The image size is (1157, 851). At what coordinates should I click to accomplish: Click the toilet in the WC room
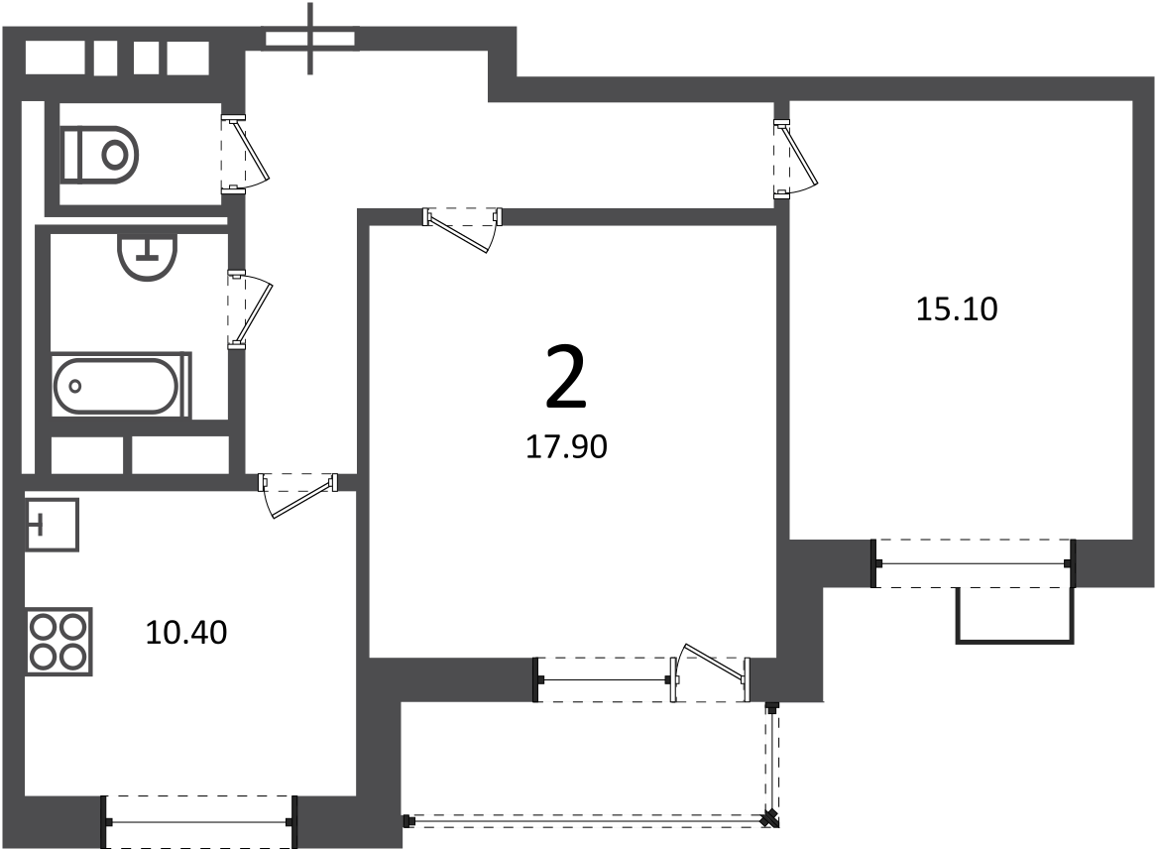tap(99, 155)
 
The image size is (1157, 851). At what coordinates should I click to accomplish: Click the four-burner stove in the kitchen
tap(59, 641)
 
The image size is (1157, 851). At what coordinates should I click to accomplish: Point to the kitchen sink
tap(52, 525)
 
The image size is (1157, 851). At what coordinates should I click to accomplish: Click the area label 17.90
tap(566, 447)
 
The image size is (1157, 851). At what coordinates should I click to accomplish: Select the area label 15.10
tap(957, 308)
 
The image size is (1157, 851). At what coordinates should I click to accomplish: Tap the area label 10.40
tap(186, 633)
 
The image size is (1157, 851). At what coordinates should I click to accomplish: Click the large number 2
tap(566, 377)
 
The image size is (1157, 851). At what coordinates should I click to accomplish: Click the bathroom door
tap(250, 309)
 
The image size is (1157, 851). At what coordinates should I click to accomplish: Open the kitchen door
tap(298, 495)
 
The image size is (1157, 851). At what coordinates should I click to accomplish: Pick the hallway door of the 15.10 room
tap(795, 160)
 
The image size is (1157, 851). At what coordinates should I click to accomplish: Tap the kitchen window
tap(198, 822)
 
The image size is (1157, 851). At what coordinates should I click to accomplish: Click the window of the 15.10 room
tap(974, 564)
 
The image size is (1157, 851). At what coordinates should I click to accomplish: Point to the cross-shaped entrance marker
tap(310, 39)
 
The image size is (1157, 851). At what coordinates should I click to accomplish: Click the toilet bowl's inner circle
tap(114, 155)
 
